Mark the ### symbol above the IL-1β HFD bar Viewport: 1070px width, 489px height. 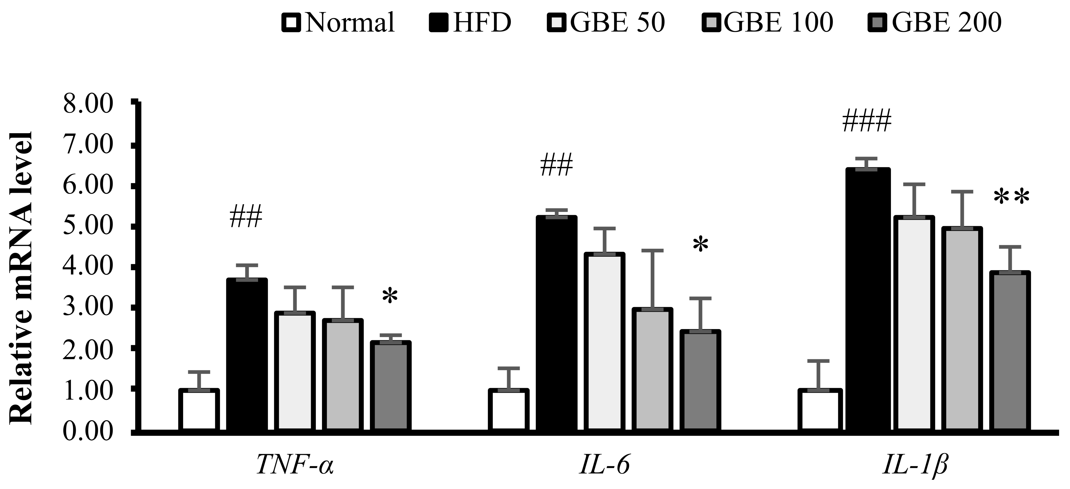[867, 122]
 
